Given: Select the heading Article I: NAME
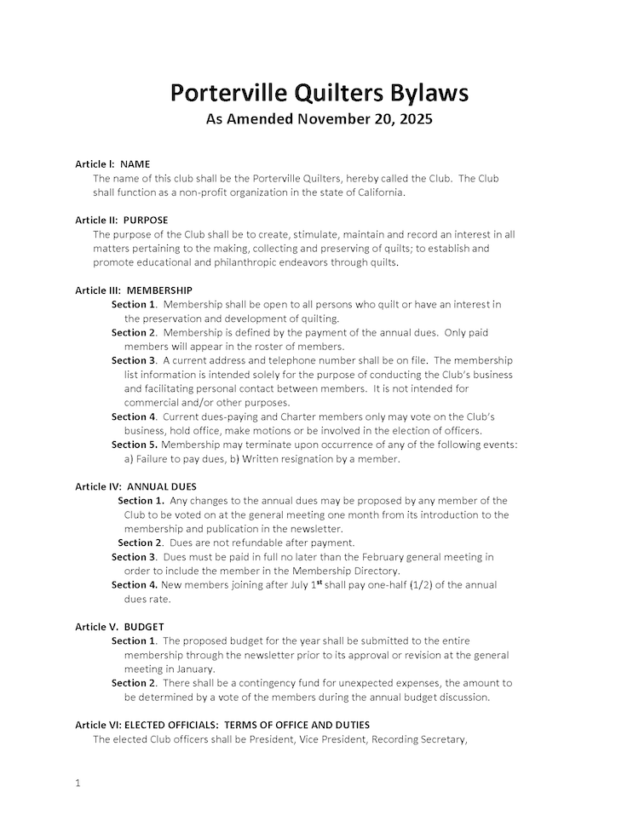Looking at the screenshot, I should tap(112, 164).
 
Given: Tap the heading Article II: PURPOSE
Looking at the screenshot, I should tap(122, 220).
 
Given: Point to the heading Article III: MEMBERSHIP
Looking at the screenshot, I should tap(134, 290).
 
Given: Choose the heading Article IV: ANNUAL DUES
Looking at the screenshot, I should tap(135, 486).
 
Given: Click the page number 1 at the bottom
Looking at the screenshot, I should tap(78, 783).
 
